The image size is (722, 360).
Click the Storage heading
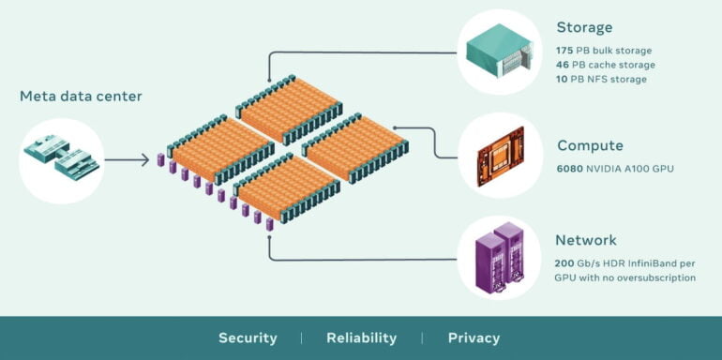[584, 27]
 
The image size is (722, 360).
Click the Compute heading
[590, 145]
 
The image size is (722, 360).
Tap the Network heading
[587, 240]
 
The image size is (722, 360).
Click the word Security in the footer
[248, 337]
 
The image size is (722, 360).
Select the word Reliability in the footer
[361, 337]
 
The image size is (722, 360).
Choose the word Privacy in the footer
[474, 337]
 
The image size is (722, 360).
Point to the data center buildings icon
[62, 157]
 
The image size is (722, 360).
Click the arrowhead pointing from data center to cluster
[144, 160]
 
